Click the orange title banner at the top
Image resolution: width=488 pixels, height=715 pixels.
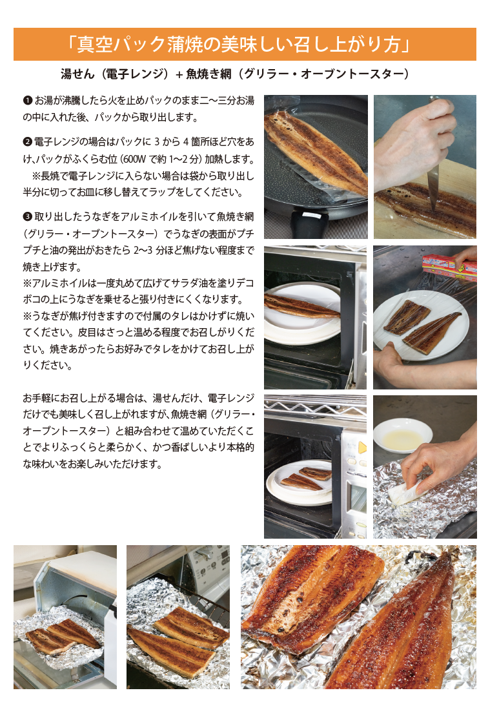pyautogui.click(x=245, y=44)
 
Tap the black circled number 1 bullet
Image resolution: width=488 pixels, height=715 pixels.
pyautogui.click(x=27, y=100)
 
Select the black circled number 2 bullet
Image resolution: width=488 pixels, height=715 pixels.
pyautogui.click(x=27, y=142)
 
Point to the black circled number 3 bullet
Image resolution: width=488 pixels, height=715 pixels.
pyautogui.click(x=27, y=216)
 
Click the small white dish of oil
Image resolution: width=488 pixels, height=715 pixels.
pyautogui.click(x=403, y=435)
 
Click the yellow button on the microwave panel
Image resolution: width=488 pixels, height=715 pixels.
pyautogui.click(x=362, y=448)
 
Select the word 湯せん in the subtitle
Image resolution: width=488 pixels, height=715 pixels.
pyautogui.click(x=77, y=74)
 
